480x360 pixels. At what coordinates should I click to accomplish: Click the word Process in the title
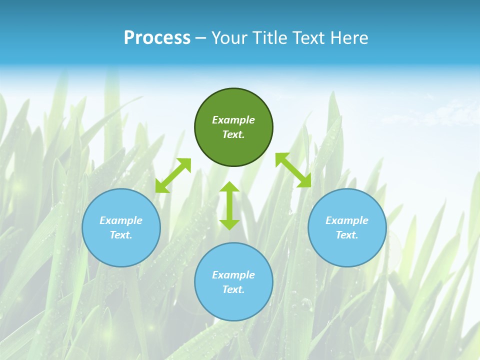[x=157, y=38]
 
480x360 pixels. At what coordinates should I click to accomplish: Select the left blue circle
[x=121, y=250]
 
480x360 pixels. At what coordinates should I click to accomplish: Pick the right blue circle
[x=347, y=250]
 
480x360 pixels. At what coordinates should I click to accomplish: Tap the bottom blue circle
[x=233, y=305]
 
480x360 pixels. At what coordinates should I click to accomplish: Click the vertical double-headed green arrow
[x=229, y=205]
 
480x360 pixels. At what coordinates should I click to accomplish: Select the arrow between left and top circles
[x=173, y=175]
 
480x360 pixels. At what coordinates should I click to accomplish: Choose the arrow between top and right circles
[x=293, y=170]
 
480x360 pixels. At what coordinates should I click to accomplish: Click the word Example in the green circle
[x=233, y=120]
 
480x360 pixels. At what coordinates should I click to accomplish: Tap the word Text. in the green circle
[x=233, y=134]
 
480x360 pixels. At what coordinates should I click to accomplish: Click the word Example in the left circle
[x=121, y=220]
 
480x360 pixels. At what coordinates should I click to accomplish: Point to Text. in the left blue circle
[x=121, y=235]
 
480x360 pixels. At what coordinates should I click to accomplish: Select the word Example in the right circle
[x=347, y=220]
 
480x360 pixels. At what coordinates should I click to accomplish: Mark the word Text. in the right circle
[x=347, y=235]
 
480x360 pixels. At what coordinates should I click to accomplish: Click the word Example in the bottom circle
[x=233, y=275]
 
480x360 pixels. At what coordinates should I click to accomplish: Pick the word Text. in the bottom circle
[x=233, y=289]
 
